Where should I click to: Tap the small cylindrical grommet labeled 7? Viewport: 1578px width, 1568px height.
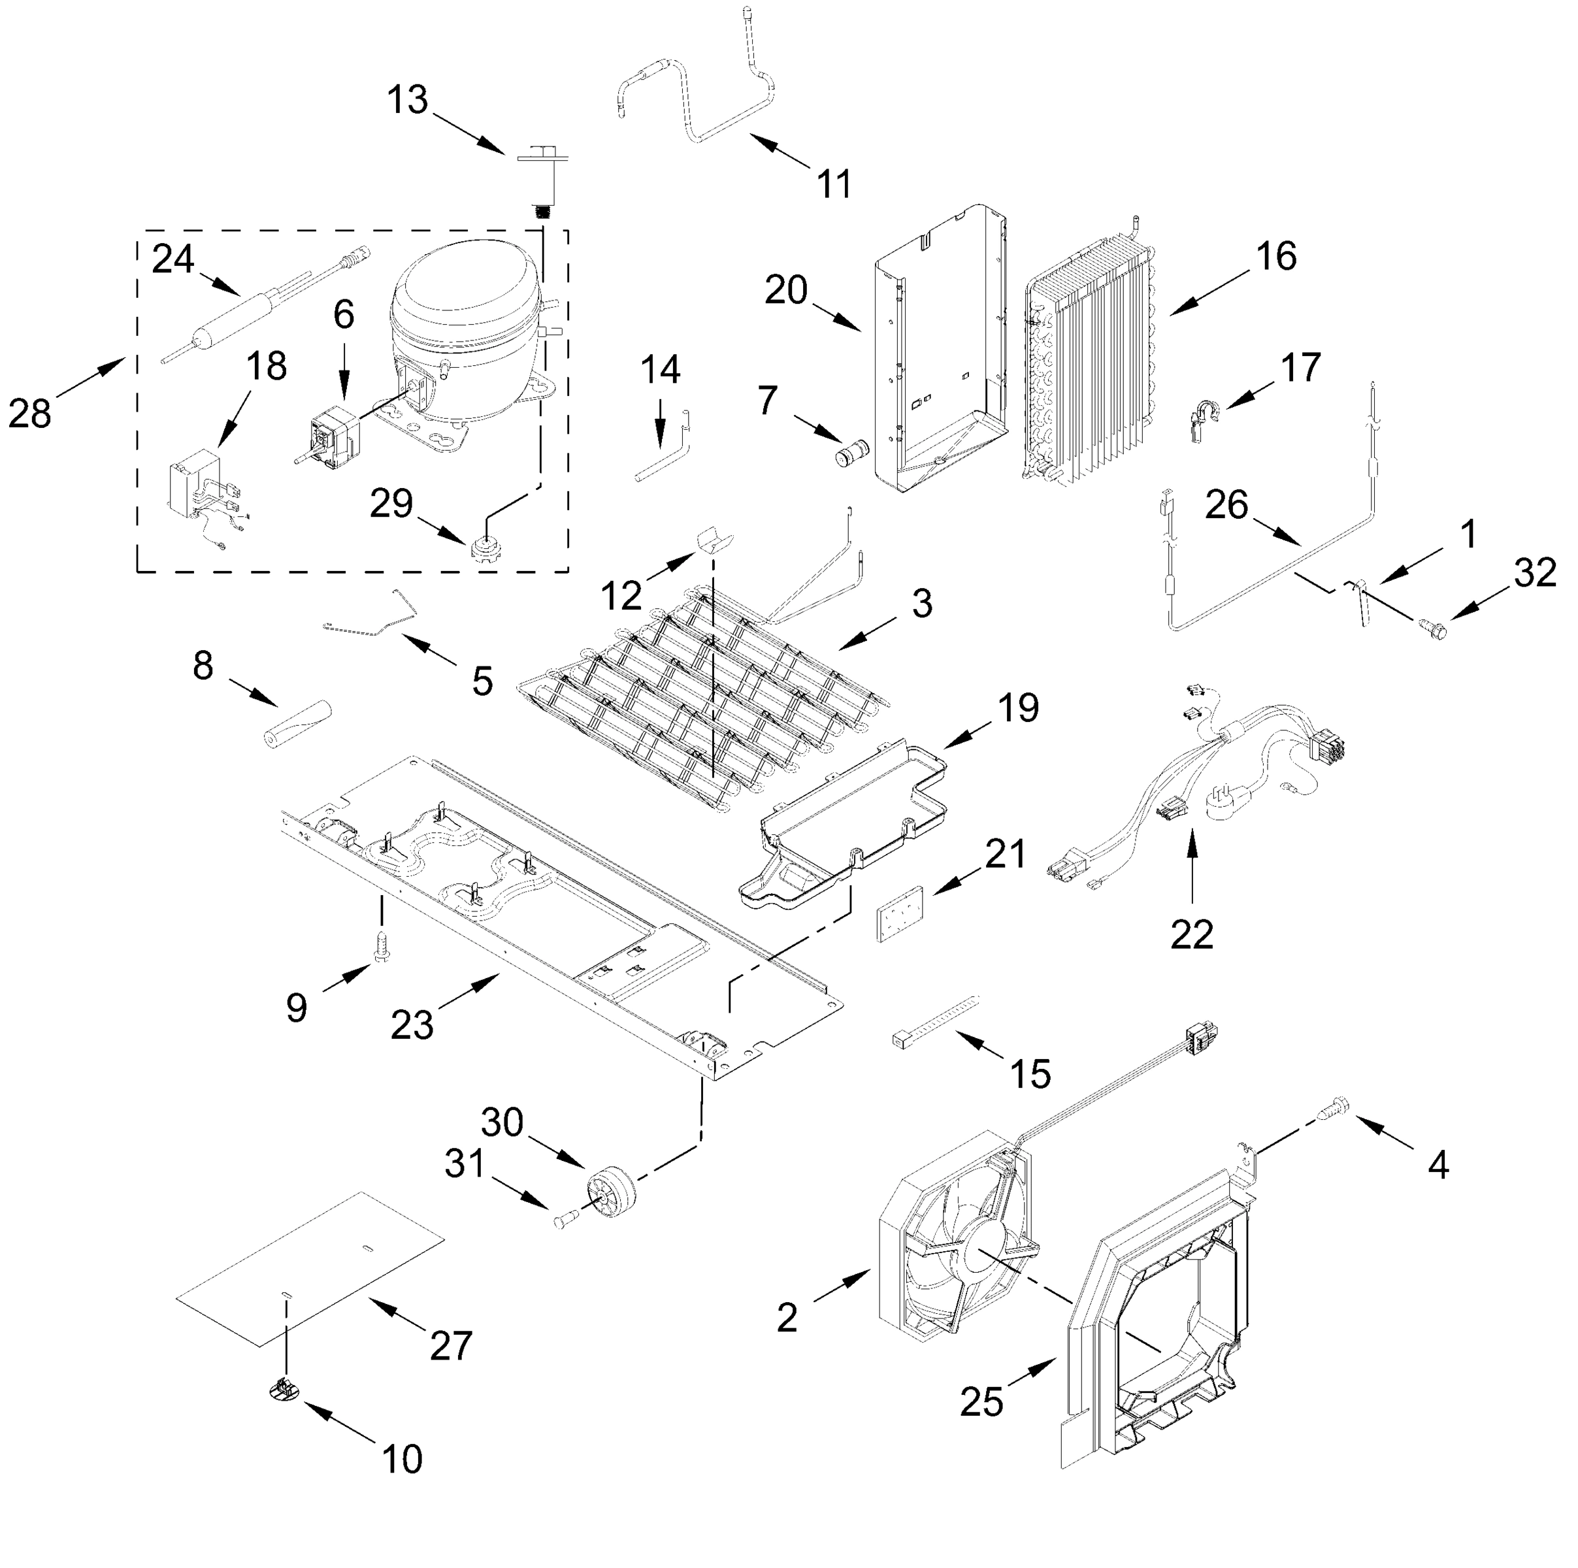852,451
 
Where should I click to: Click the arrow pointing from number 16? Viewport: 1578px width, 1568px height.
1209,295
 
